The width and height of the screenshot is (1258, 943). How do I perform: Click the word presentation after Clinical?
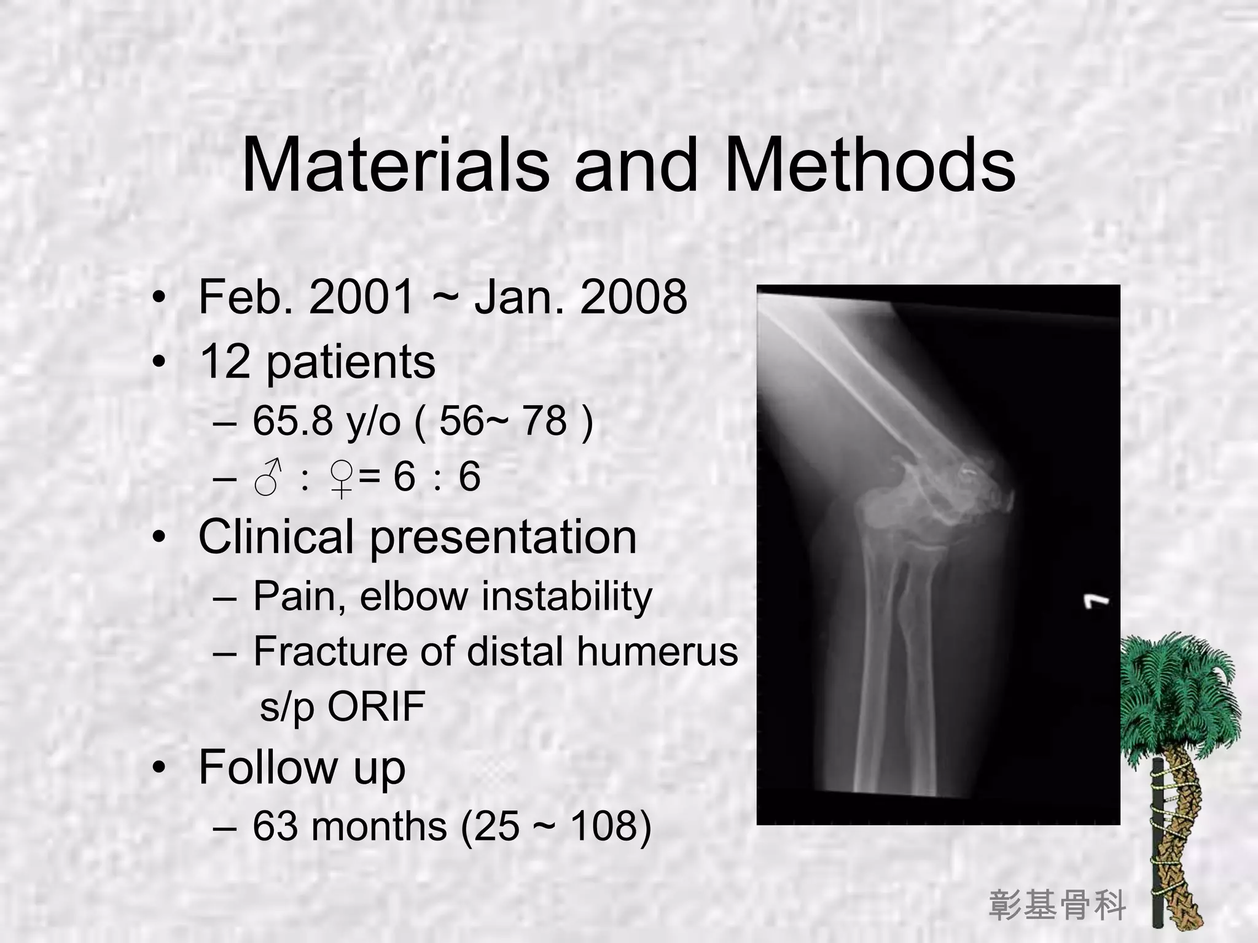[502, 538]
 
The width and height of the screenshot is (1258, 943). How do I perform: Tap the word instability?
[566, 596]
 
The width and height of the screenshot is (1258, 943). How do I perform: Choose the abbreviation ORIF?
[376, 706]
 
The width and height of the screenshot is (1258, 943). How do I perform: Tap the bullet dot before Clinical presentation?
[159, 538]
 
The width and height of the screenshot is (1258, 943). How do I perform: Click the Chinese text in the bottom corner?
[1057, 906]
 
